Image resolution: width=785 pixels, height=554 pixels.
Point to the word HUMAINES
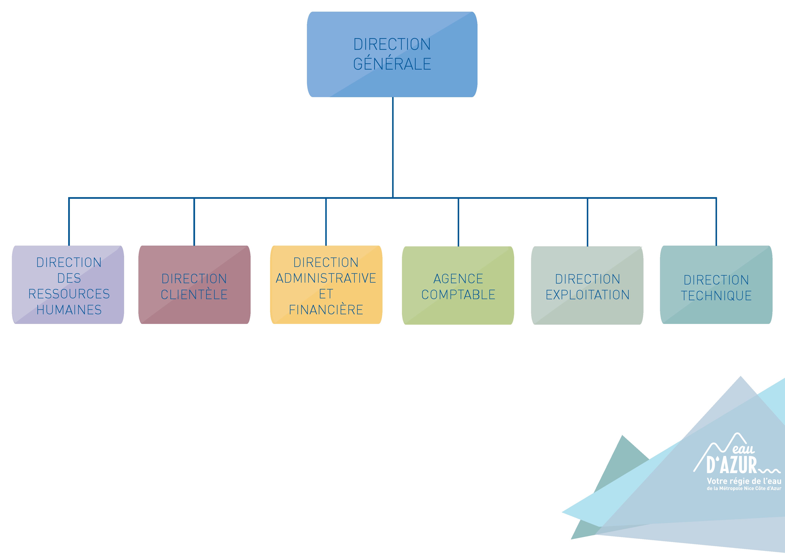(69, 310)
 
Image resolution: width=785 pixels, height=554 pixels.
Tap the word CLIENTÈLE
(194, 294)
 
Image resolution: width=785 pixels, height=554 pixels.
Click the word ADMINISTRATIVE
(326, 278)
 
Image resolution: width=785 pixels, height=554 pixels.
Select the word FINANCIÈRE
(326, 310)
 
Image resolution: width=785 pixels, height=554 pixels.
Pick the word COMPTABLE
(458, 295)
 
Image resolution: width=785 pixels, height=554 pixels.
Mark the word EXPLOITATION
(587, 295)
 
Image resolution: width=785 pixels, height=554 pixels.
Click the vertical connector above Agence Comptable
(458, 222)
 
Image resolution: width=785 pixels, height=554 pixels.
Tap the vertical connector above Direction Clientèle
(194, 222)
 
